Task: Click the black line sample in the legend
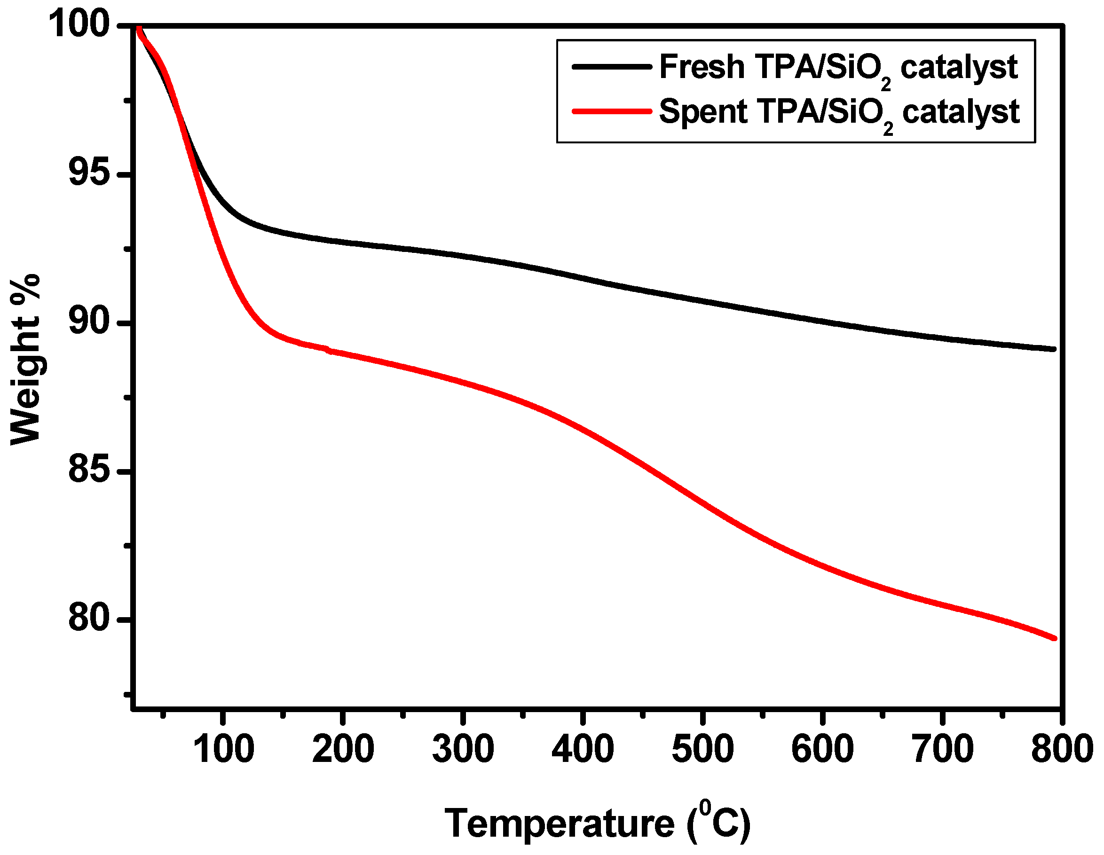(612, 67)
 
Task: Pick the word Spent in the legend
(703, 112)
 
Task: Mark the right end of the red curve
(1055, 639)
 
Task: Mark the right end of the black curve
(1055, 349)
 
